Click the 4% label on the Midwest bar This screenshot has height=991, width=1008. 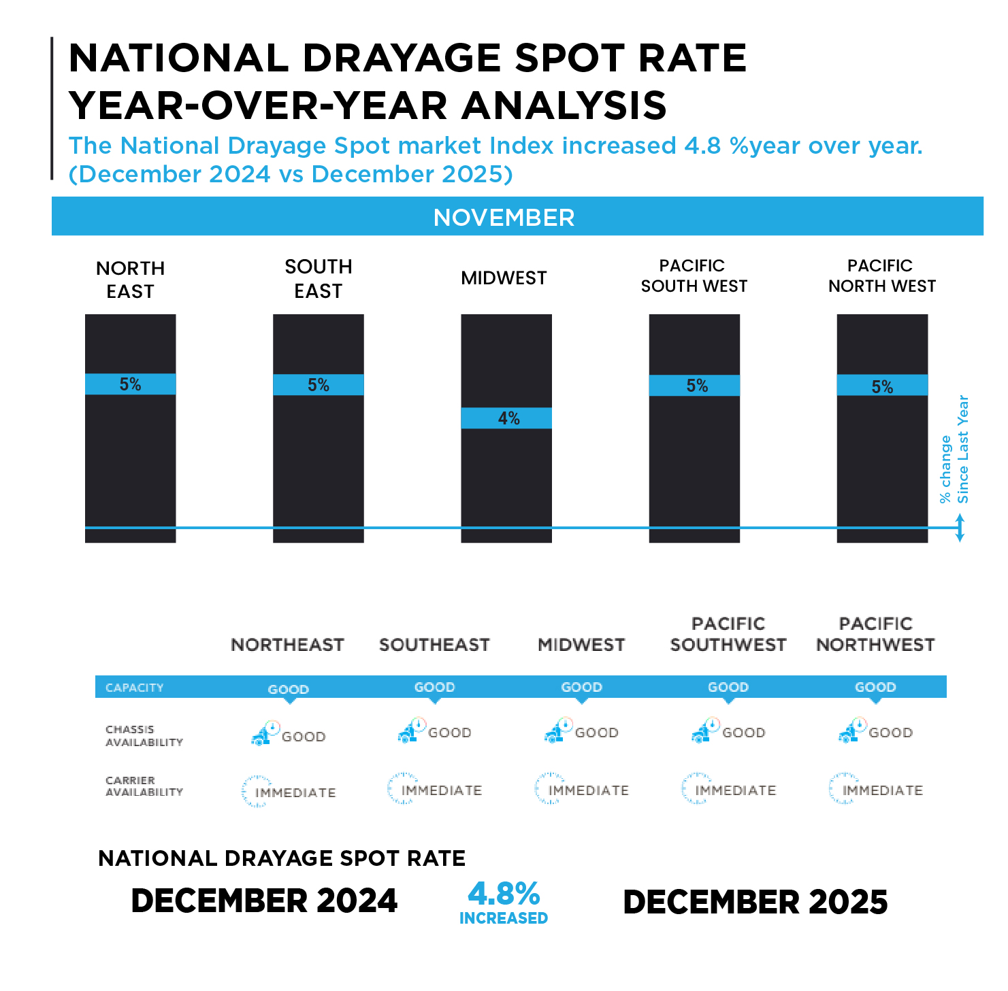(508, 418)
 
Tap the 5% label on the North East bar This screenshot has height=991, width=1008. (130, 384)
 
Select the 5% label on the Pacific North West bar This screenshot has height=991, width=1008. (882, 386)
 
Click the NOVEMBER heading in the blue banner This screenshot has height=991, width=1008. (504, 218)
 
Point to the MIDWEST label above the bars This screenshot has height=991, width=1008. (504, 278)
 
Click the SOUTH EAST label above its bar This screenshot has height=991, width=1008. (318, 278)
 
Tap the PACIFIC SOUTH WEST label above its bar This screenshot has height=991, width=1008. (694, 275)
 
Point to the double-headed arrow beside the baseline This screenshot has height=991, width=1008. (960, 528)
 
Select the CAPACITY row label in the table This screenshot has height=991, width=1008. (135, 688)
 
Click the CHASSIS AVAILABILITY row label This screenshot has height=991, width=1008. (144, 735)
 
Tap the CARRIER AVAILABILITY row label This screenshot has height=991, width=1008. (144, 786)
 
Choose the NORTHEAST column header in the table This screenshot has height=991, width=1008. (287, 645)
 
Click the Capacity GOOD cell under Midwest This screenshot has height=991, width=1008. (581, 687)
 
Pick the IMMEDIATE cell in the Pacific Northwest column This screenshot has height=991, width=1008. (882, 790)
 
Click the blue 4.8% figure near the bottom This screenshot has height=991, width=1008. (504, 893)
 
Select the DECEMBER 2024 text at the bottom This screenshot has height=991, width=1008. (264, 901)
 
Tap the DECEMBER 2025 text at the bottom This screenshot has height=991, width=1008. (755, 902)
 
